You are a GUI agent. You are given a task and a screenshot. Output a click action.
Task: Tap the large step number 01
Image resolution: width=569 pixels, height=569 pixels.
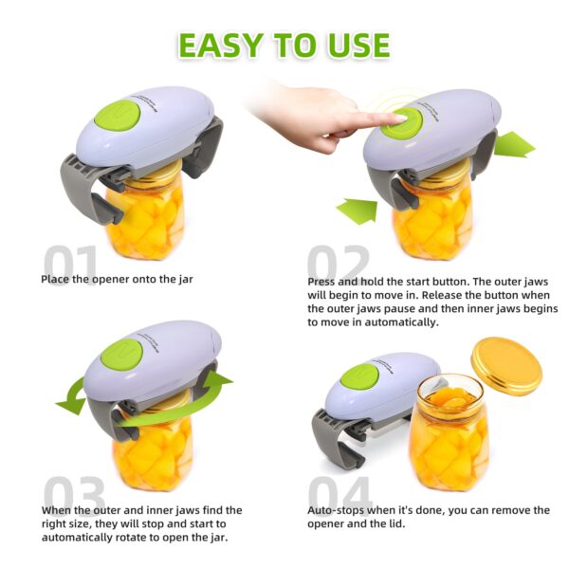[70, 266]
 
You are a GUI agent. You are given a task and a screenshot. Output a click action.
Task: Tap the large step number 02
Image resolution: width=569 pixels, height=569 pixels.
[338, 266]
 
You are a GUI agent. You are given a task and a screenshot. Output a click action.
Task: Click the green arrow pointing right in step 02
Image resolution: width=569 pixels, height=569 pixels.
[513, 145]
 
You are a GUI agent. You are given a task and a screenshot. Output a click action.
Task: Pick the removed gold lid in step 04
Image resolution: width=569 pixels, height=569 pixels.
[506, 365]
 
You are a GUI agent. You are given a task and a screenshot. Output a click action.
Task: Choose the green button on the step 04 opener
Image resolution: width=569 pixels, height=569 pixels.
[359, 376]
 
